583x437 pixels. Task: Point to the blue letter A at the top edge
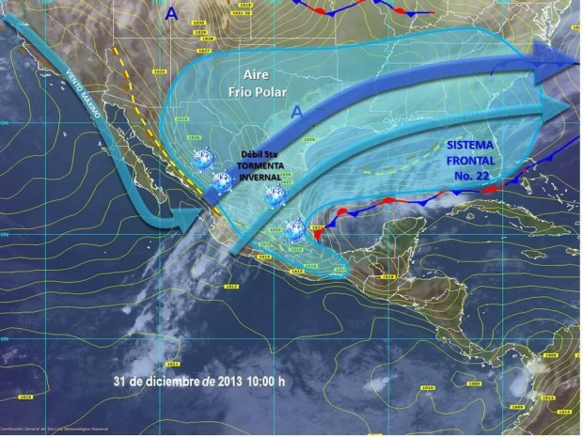(170, 12)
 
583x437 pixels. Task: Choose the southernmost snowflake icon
(292, 228)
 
